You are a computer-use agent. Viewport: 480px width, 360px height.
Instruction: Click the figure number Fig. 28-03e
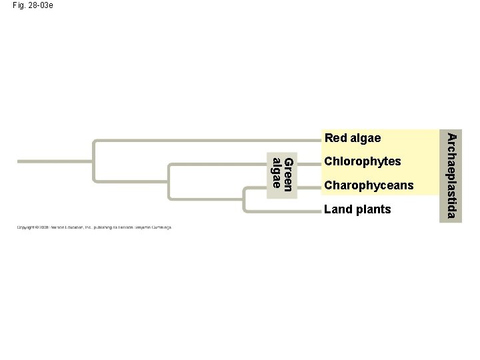tap(33, 5)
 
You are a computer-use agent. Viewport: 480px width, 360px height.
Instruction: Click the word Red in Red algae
tap(335, 138)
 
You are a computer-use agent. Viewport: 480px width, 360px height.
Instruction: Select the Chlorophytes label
tap(362, 161)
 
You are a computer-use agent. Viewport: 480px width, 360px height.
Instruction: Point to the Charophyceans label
tap(369, 185)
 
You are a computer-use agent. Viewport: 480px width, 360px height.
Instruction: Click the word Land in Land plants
tap(336, 209)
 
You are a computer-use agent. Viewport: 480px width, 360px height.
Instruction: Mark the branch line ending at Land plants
tap(280, 211)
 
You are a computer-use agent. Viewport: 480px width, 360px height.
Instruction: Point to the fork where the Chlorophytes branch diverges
tap(169, 179)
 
